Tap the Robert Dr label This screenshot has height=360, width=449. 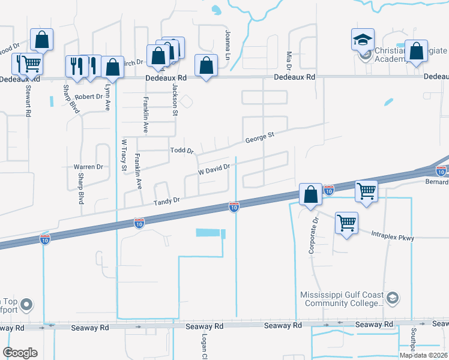click(x=88, y=96)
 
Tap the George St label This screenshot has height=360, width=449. click(x=259, y=139)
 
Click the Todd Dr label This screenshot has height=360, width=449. click(x=182, y=151)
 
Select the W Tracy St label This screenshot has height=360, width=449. click(x=124, y=155)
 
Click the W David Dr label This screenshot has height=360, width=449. click(x=214, y=170)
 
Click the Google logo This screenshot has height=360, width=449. click(x=20, y=353)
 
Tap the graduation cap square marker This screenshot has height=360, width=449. click(x=363, y=40)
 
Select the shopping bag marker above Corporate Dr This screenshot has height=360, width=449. click(x=310, y=194)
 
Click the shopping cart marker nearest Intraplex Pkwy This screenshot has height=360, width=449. click(x=347, y=223)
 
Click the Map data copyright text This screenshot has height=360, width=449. click(x=423, y=355)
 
